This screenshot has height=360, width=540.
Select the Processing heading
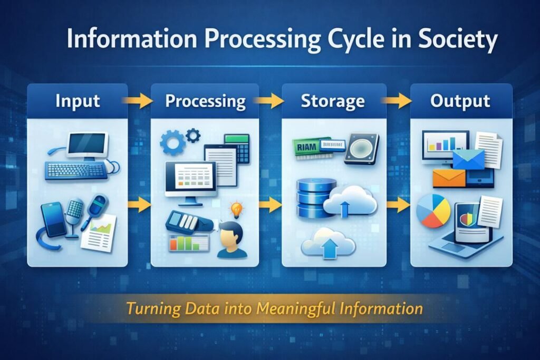tap(205, 101)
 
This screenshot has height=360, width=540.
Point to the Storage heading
tap(332, 101)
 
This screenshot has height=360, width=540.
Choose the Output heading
tap(460, 101)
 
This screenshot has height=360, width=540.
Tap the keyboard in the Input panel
tap(76, 170)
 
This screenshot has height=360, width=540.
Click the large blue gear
tap(172, 142)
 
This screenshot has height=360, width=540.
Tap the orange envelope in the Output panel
tap(449, 178)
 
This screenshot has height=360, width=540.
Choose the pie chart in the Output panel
tap(433, 211)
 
